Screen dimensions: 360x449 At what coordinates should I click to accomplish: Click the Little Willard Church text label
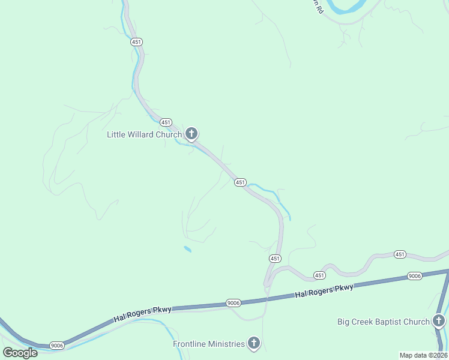coord(144,134)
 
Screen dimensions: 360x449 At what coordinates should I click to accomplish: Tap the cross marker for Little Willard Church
coord(191,133)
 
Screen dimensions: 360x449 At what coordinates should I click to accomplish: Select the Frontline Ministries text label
coord(209,344)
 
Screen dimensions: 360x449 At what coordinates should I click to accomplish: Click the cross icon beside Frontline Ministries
coord(254,343)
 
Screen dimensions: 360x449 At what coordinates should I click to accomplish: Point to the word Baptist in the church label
coord(385,322)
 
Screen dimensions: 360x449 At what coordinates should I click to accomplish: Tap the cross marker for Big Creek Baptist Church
coord(439,321)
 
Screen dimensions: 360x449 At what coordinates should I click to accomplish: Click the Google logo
coord(20,353)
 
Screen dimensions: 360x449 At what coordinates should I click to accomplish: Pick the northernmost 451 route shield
coord(136,42)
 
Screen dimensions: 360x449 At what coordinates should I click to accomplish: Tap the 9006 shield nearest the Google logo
coord(57,346)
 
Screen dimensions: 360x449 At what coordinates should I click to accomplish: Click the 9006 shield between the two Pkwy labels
coord(234,303)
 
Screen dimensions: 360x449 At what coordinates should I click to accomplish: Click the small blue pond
coord(188,249)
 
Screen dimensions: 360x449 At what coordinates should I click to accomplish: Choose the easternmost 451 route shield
coord(400,254)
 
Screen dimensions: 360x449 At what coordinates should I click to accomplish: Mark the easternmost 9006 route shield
coord(414,275)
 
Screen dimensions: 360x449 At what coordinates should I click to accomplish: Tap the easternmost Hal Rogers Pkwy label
coord(324,292)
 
